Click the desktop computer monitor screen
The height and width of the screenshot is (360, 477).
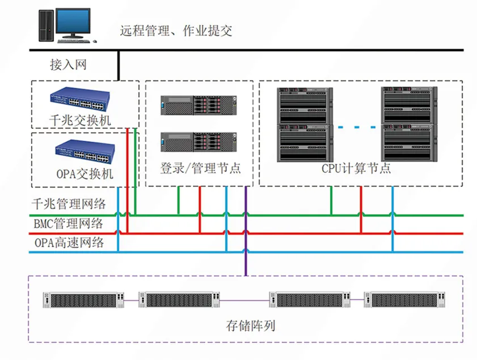[73, 22]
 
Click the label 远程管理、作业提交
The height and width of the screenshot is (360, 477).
[176, 31]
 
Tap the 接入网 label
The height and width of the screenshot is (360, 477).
[69, 65]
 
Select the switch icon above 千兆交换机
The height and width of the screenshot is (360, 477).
[80, 99]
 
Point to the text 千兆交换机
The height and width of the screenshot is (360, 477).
[80, 120]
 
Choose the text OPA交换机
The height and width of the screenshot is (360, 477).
[85, 174]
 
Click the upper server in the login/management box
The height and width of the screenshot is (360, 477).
[199, 105]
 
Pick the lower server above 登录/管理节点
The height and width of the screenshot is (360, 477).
[199, 142]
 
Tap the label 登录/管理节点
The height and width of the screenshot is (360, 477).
[200, 168]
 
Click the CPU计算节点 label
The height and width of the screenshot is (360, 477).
[356, 168]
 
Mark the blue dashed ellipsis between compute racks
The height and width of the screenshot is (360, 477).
[357, 127]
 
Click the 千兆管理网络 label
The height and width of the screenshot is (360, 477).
[69, 204]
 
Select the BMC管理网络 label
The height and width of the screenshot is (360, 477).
[69, 223]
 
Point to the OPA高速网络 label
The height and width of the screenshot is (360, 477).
[69, 243]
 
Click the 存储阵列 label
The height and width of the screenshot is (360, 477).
[251, 325]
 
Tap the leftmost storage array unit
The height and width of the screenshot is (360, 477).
[83, 300]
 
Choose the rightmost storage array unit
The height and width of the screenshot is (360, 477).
[404, 300]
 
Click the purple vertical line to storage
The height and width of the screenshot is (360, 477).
[246, 231]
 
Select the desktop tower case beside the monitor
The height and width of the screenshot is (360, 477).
[47, 26]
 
